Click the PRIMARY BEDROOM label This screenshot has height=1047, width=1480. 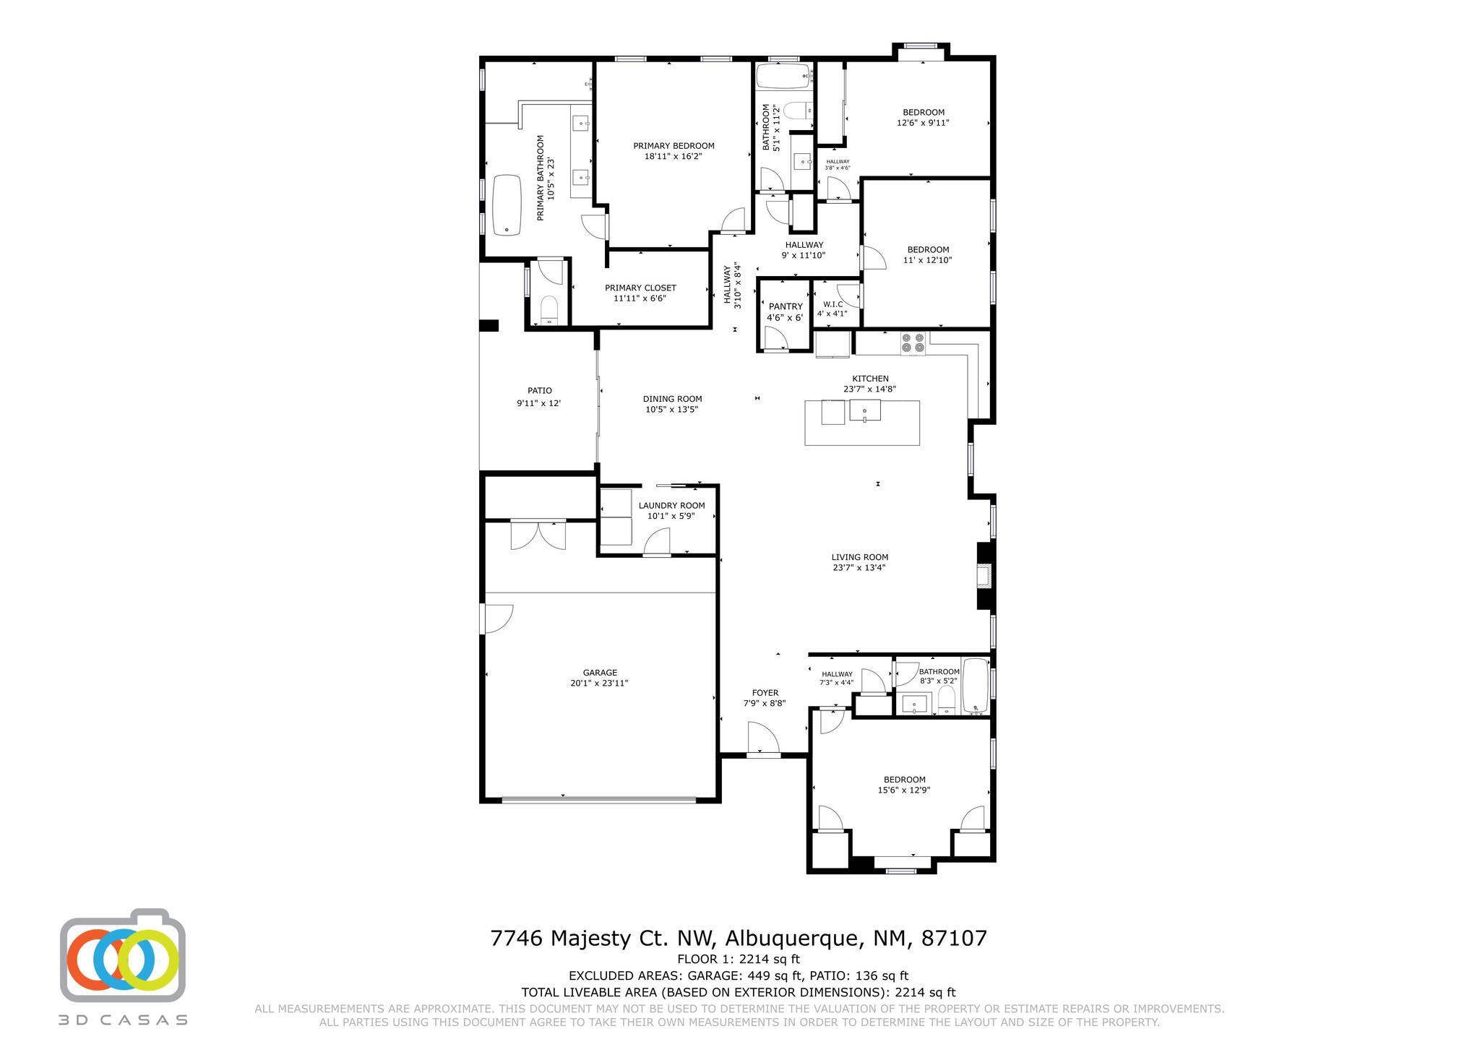click(x=674, y=146)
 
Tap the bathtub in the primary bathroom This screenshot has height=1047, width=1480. click(x=507, y=205)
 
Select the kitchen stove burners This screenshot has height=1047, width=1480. click(x=913, y=342)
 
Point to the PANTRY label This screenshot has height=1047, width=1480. click(x=785, y=306)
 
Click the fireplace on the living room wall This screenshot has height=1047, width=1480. click(x=984, y=576)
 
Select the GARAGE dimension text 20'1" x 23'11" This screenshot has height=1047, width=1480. click(x=600, y=683)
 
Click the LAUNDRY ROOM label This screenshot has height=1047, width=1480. click(x=671, y=506)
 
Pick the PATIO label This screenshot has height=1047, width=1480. click(x=539, y=391)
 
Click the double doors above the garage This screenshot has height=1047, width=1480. click(x=538, y=535)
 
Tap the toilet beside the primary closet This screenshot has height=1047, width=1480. click(x=549, y=311)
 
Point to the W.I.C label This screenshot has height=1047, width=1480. click(x=832, y=304)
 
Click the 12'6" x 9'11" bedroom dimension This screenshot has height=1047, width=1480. click(x=923, y=123)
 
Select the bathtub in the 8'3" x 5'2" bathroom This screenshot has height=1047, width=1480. click(x=975, y=685)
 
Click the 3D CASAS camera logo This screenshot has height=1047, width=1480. click(x=123, y=955)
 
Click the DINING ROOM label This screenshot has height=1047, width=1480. click(x=672, y=399)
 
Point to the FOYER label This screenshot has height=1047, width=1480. click(x=765, y=693)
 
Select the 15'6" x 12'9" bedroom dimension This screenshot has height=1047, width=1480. click(x=904, y=790)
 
